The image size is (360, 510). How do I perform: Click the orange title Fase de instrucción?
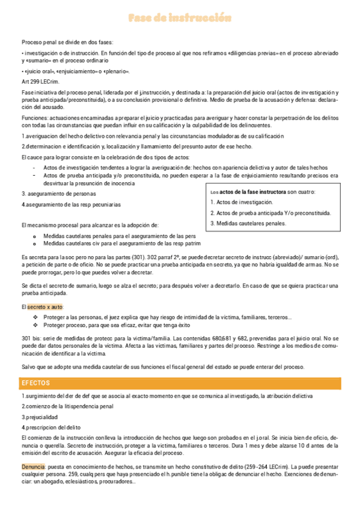[180, 19]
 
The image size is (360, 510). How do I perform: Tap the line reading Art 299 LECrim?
[40, 81]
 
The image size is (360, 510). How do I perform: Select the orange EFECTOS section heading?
[36, 383]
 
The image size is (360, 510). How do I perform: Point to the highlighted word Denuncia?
[33, 466]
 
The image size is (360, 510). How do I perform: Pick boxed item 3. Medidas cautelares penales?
[248, 223]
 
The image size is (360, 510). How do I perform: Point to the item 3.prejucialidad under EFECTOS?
[40, 416]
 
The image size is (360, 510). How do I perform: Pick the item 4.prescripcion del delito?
[50, 427]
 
